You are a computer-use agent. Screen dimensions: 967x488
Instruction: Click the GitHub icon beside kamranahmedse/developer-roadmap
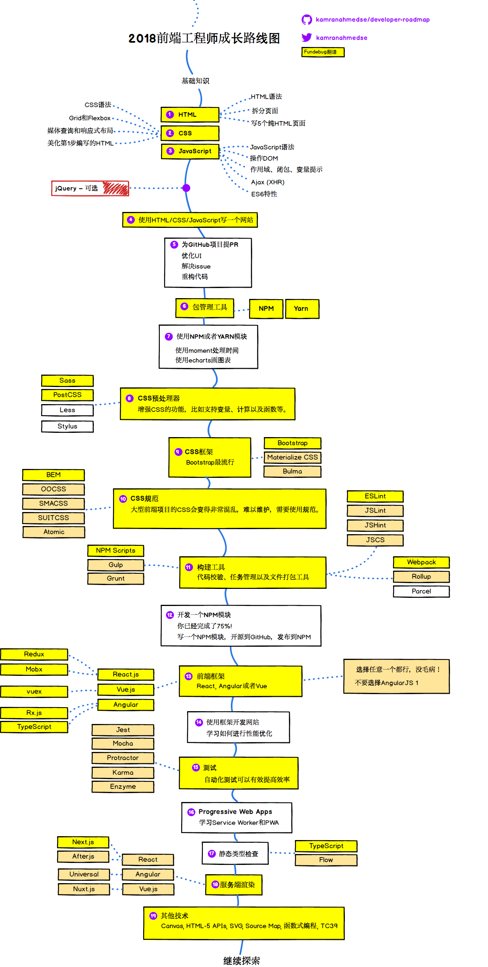[307, 20]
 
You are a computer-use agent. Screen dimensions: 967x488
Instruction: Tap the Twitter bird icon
[306, 37]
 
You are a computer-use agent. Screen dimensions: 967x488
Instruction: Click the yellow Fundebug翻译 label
[323, 52]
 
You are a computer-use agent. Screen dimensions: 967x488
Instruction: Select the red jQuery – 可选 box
[90, 188]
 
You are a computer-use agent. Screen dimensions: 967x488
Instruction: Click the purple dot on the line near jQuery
[187, 188]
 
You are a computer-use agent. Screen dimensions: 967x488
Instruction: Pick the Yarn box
[302, 309]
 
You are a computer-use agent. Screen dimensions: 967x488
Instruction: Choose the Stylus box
[67, 426]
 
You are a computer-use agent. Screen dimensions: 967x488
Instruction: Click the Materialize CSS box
[292, 457]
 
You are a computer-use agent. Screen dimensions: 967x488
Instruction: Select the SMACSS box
[54, 503]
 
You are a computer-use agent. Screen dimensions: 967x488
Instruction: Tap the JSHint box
[375, 525]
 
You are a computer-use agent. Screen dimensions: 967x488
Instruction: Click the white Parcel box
[421, 591]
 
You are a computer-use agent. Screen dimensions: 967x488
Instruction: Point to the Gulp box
[116, 565]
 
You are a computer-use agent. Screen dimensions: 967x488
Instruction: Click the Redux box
[34, 654]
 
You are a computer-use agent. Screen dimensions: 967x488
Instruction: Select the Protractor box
[123, 758]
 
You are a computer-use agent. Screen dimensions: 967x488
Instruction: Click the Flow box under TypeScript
[326, 860]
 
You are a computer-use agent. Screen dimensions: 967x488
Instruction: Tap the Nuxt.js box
[84, 889]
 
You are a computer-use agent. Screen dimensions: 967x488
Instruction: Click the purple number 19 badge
[153, 916]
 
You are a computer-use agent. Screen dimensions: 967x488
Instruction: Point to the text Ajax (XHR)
[268, 182]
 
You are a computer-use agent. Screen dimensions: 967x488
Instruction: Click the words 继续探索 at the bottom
[241, 960]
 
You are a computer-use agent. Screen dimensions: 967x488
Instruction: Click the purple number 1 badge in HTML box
[170, 115]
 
